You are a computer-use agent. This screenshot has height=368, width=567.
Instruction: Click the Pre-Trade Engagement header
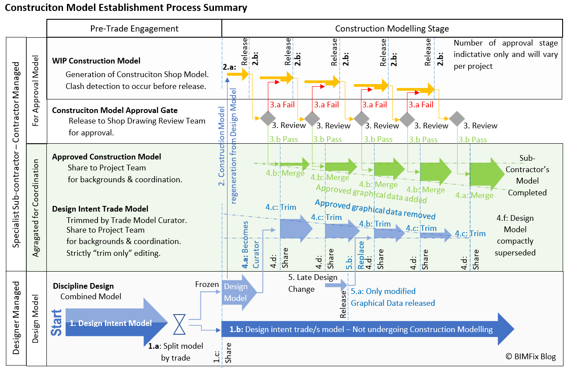pyautogui.click(x=134, y=29)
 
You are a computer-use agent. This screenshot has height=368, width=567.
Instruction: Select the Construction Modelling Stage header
pyautogui.click(x=392, y=29)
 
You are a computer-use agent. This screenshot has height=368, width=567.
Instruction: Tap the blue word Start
pyautogui.click(x=57, y=323)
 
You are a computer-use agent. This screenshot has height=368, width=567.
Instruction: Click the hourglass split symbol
pyautogui.click(x=178, y=324)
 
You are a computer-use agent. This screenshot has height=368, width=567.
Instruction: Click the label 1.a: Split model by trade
pyautogui.click(x=175, y=352)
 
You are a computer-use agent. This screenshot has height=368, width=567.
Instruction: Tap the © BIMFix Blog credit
pyautogui.click(x=530, y=357)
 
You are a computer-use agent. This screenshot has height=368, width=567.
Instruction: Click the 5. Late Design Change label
pyautogui.click(x=312, y=283)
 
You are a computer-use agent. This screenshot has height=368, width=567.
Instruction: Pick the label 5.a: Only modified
pyautogui.click(x=383, y=291)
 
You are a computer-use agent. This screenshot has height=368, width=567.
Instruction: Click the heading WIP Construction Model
pyautogui.click(x=96, y=61)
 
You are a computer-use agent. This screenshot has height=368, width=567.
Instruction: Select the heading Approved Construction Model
pyautogui.click(x=106, y=157)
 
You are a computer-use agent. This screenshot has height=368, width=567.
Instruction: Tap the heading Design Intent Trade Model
pyautogui.click(x=100, y=209)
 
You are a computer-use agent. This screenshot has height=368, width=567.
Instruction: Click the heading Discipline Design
pyautogui.click(x=83, y=286)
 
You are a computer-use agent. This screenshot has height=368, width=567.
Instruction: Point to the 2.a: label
pyautogui.click(x=230, y=67)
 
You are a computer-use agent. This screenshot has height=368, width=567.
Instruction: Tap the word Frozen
pyautogui.click(x=207, y=284)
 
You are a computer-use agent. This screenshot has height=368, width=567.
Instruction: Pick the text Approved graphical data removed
pyautogui.click(x=375, y=210)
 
